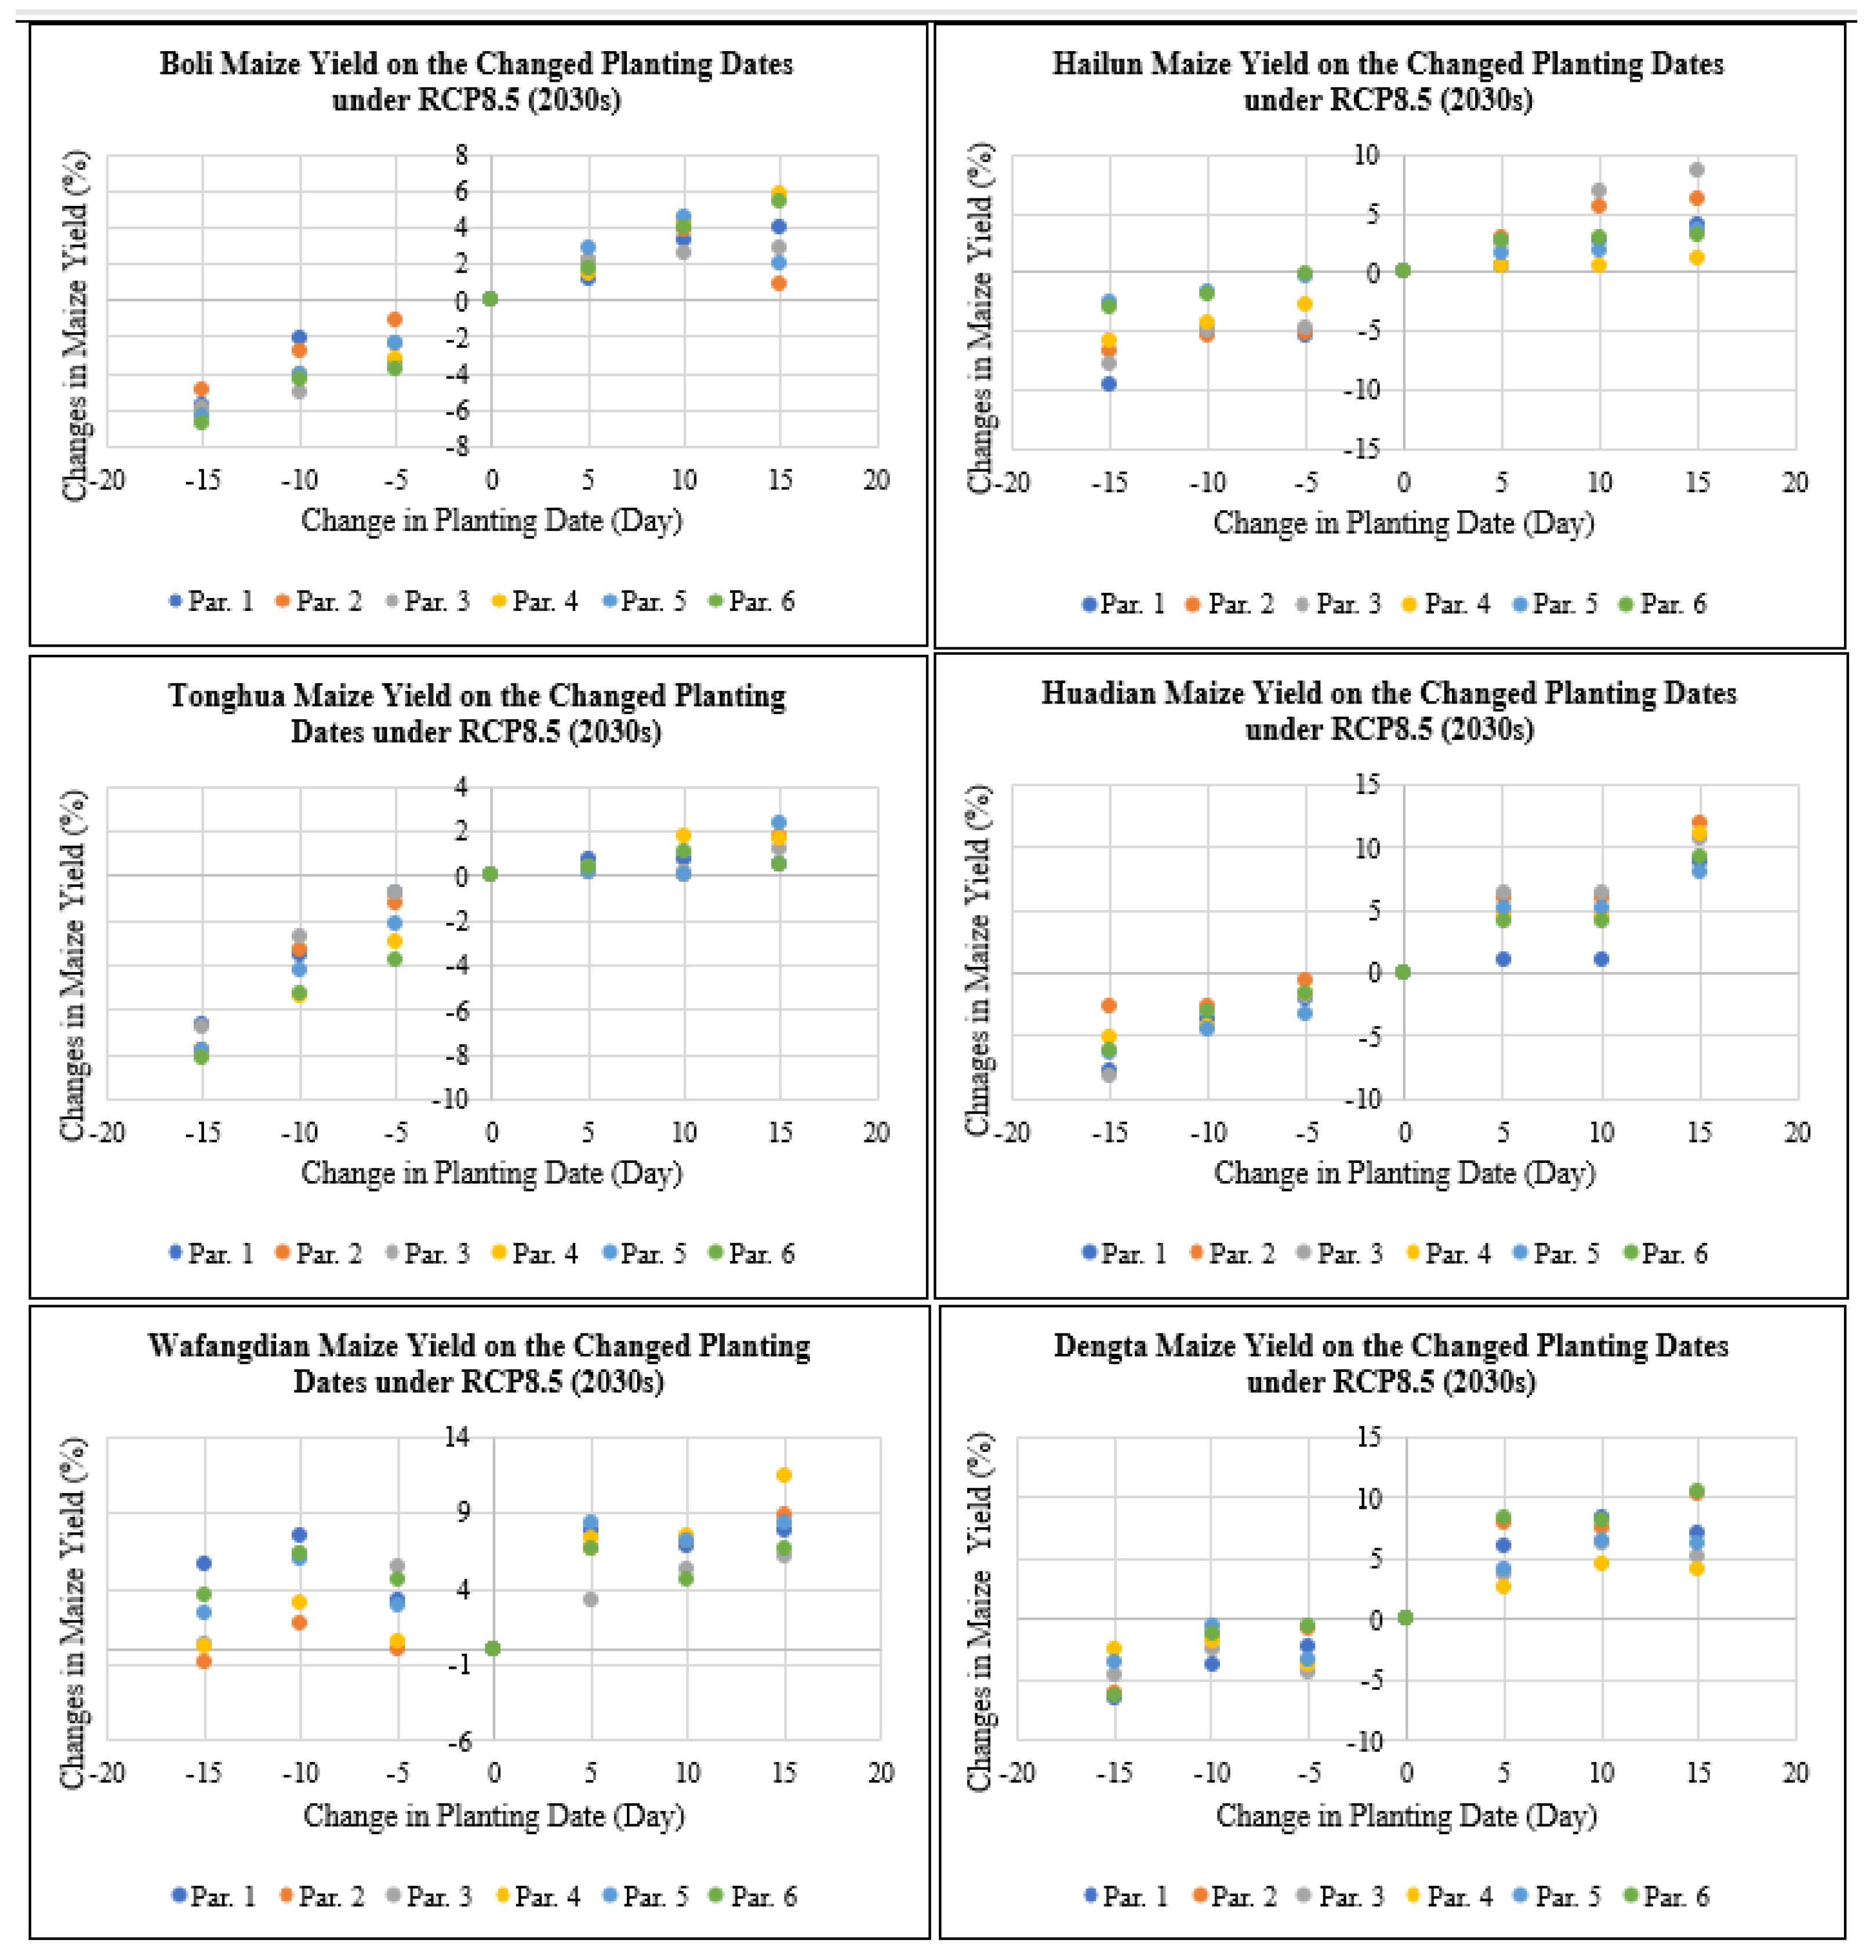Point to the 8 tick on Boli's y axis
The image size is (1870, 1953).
pyautogui.click(x=462, y=154)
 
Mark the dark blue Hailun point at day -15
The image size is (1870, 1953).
pyautogui.click(x=1109, y=383)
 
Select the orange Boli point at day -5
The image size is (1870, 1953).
pyautogui.click(x=394, y=319)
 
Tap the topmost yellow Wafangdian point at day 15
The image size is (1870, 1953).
pyautogui.click(x=784, y=1474)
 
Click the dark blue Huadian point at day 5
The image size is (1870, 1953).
pyautogui.click(x=1504, y=959)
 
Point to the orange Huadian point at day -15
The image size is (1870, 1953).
pyautogui.click(x=1109, y=1005)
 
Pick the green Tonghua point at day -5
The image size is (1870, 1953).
pyautogui.click(x=394, y=959)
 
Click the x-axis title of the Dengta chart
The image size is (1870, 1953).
pyautogui.click(x=1406, y=1816)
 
